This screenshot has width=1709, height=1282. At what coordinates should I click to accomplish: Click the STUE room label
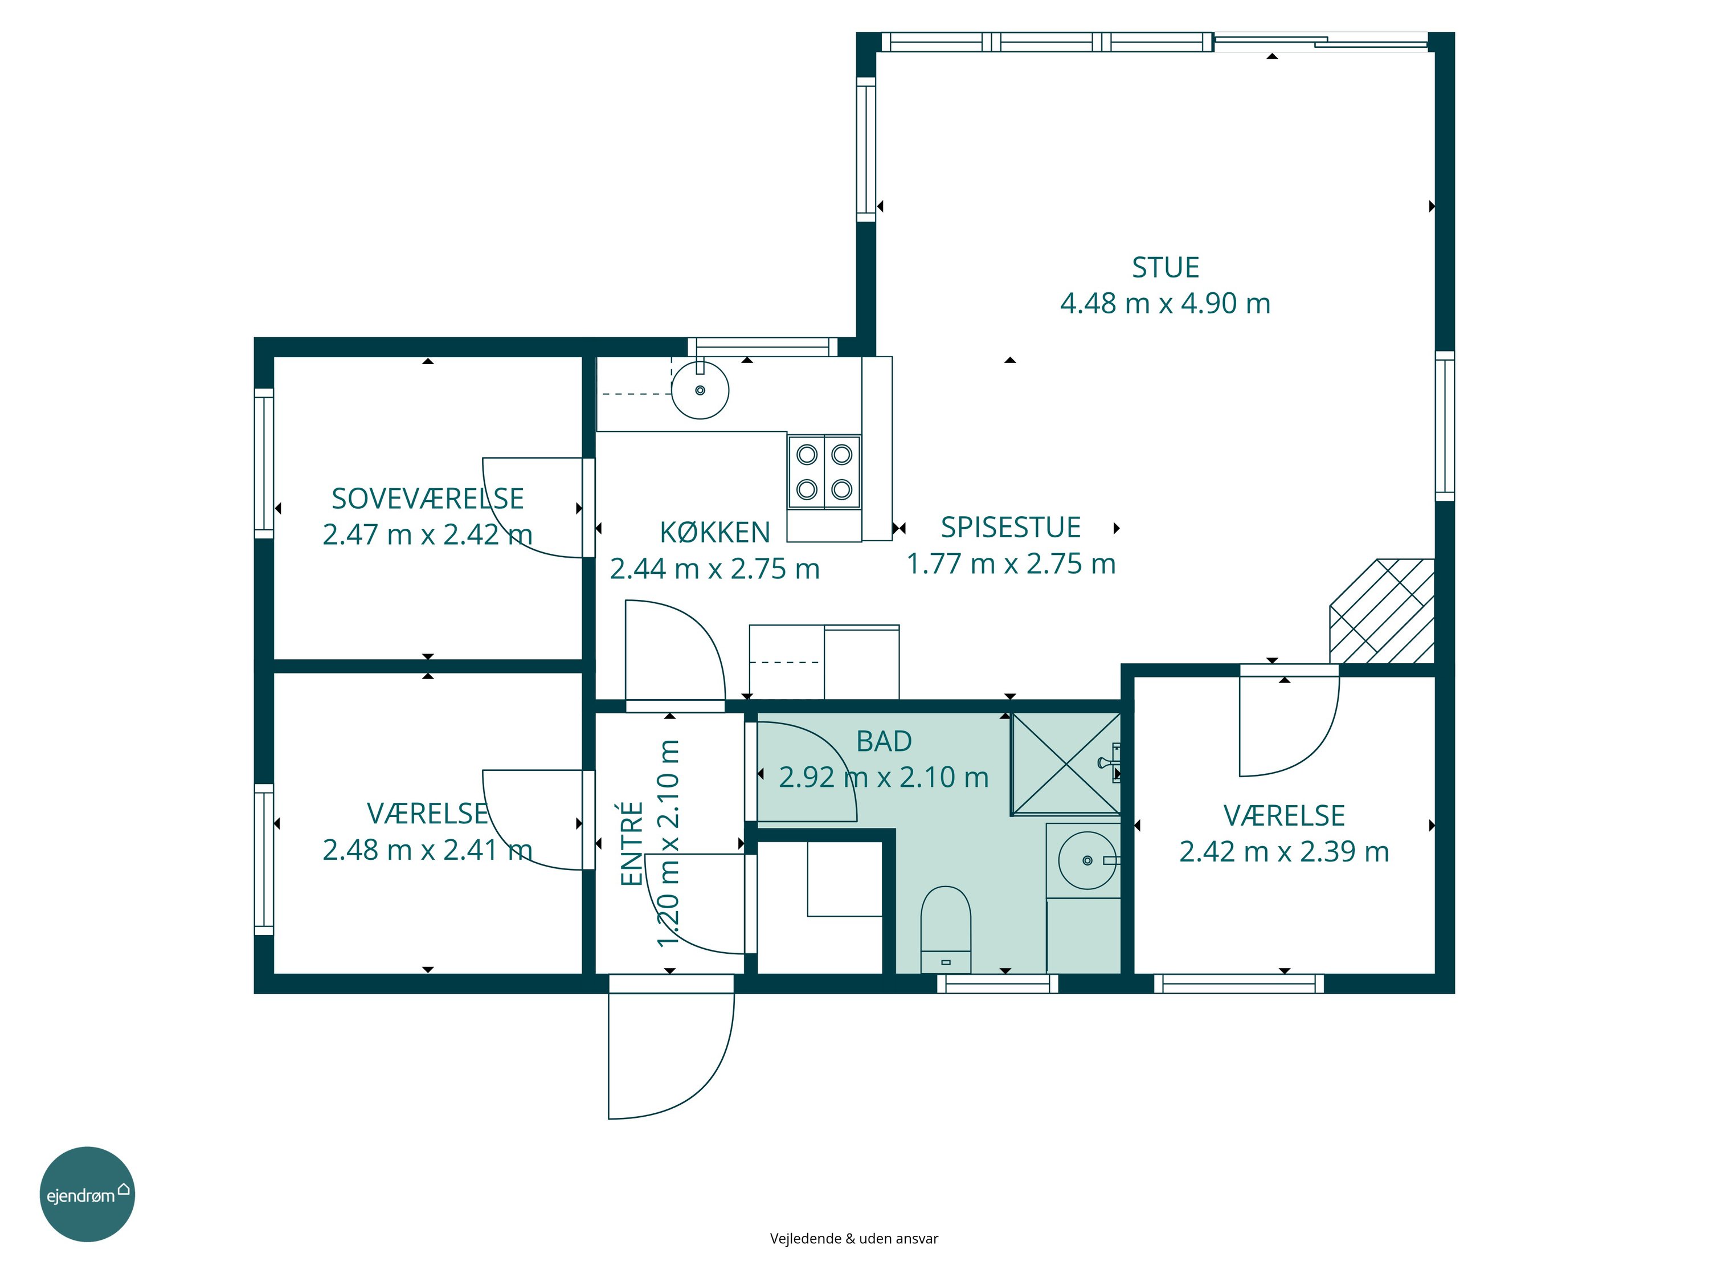1165,267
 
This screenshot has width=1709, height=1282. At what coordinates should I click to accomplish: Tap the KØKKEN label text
715,532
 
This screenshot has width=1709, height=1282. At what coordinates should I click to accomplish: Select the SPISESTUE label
1011,527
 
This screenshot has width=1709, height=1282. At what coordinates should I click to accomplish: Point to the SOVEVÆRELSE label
427,499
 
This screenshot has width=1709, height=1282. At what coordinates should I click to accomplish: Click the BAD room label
884,741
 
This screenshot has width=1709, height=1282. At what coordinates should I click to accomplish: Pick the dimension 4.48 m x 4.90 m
1165,304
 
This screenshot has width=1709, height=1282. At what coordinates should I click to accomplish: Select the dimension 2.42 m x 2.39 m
1284,852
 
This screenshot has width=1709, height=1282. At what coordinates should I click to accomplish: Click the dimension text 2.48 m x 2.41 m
427,850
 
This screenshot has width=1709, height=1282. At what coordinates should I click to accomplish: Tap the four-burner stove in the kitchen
824,471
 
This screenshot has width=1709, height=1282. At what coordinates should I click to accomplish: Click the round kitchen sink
700,390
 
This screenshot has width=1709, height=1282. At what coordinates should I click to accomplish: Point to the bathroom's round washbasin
1087,860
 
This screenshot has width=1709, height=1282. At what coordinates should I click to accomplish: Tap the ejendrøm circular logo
87,1194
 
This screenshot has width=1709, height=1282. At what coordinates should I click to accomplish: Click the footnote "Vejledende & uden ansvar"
854,1239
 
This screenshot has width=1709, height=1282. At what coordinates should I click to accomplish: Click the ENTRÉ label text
632,844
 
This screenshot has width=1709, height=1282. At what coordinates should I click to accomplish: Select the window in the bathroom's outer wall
997,983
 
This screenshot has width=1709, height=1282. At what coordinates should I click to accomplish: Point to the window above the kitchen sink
763,347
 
